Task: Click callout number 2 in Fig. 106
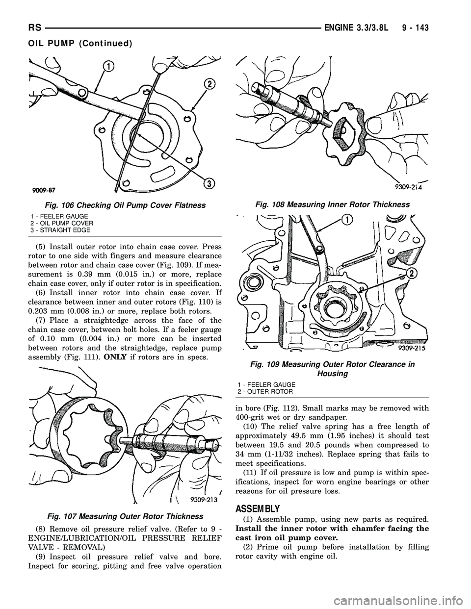209,84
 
